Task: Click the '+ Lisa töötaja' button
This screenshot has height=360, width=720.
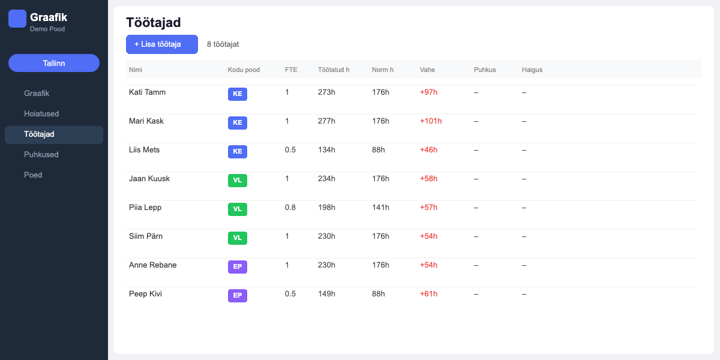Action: [161, 44]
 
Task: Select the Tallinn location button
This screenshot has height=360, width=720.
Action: [54, 63]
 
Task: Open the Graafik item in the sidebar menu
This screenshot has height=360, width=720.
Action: [37, 94]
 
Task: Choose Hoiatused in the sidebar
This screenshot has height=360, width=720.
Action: [41, 114]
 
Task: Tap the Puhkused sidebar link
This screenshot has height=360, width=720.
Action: [41, 155]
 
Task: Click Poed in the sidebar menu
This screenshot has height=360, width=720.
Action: [33, 175]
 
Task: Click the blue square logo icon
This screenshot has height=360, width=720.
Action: [17, 19]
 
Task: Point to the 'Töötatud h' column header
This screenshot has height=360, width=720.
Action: [334, 70]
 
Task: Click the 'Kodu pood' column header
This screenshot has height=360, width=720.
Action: [244, 70]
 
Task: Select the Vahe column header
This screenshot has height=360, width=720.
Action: [427, 70]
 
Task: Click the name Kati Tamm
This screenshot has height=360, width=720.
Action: [147, 92]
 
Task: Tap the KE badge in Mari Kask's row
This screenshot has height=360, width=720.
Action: [237, 123]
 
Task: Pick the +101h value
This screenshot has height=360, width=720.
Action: [431, 121]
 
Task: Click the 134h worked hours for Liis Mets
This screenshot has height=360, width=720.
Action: [326, 150]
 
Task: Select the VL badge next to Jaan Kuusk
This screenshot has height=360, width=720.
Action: [237, 181]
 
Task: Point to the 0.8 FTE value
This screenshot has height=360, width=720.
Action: [290, 208]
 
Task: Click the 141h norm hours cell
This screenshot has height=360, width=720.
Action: [380, 208]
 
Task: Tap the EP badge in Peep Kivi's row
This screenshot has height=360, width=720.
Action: [237, 296]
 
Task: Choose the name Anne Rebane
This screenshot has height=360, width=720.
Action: [152, 265]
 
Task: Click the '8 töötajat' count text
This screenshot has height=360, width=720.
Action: [223, 44]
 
